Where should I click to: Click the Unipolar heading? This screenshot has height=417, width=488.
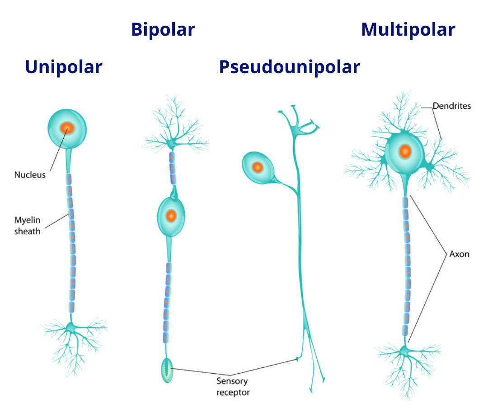[x=64, y=67]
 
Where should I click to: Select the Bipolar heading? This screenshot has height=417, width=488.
[x=163, y=30]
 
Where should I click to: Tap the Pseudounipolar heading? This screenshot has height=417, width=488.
[x=289, y=67]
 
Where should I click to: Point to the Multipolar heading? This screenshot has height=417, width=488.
[x=408, y=30]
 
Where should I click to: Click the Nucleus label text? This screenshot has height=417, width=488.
[x=30, y=175]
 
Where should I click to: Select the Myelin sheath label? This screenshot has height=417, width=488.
[x=28, y=226]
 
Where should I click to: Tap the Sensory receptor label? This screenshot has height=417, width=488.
[x=233, y=386]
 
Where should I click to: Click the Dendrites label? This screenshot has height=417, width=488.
[x=451, y=106]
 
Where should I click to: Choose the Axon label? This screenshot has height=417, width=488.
[x=459, y=254]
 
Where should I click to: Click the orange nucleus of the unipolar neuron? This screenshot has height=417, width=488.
[x=67, y=128]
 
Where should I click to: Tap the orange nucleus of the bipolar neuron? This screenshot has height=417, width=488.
[x=171, y=216]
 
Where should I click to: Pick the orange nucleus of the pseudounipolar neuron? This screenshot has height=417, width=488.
[x=257, y=167]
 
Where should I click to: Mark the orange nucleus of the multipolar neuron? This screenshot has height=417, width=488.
[x=405, y=152]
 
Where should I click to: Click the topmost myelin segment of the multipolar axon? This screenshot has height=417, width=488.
[x=406, y=202]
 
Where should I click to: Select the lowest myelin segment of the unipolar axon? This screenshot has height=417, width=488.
[x=71, y=307]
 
